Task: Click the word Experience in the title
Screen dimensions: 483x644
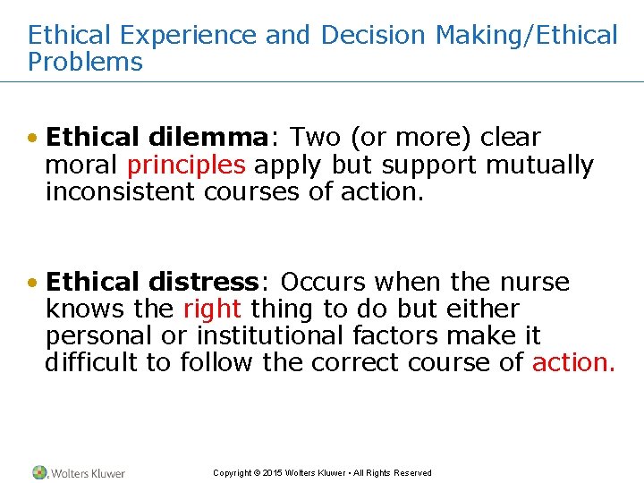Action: click(x=188, y=36)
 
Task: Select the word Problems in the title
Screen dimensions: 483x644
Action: click(x=85, y=63)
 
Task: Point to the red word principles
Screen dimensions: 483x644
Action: click(x=186, y=165)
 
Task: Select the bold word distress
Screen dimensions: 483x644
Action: click(x=203, y=283)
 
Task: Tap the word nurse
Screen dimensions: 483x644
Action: click(x=533, y=283)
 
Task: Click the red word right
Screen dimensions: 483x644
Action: click(x=212, y=309)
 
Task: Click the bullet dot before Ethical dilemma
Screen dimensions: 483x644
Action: click(x=33, y=139)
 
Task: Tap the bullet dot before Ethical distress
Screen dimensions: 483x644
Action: click(x=33, y=284)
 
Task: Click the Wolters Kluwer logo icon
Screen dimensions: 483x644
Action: click(x=40, y=472)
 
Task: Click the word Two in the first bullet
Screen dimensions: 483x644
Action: click(x=317, y=138)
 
